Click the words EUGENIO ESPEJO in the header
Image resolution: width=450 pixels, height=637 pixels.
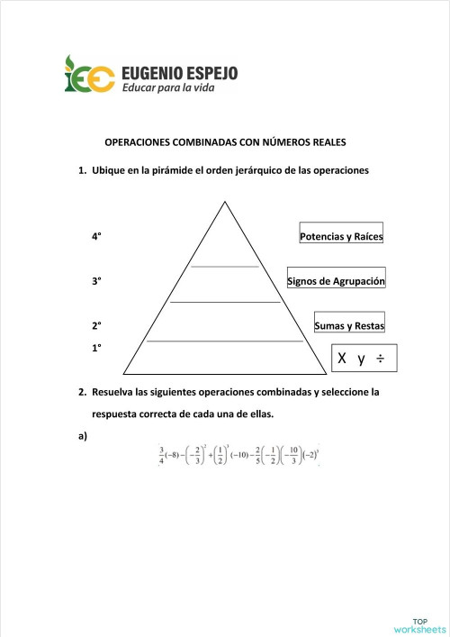click(x=178, y=70)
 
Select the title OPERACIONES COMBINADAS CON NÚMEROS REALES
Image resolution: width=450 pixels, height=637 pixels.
click(x=226, y=142)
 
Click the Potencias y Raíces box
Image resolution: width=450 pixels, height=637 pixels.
click(x=341, y=236)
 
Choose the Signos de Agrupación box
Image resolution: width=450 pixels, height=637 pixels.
click(x=336, y=281)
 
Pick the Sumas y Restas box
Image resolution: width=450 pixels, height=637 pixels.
click(x=349, y=325)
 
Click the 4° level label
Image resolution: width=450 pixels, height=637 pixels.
click(x=96, y=236)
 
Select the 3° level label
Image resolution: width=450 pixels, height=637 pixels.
click(x=96, y=281)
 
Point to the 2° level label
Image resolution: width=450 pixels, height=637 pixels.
click(x=96, y=325)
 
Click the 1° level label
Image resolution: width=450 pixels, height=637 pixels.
click(x=96, y=347)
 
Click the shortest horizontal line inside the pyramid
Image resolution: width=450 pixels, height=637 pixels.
click(x=224, y=267)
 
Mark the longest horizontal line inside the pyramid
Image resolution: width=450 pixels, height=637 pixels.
click(x=224, y=341)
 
